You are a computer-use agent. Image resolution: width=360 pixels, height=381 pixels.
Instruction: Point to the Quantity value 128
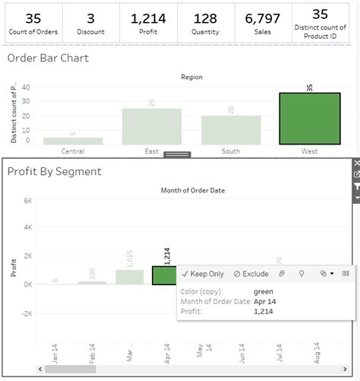coord(206,17)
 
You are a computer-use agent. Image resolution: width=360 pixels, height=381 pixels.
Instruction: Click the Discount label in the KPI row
coord(90,32)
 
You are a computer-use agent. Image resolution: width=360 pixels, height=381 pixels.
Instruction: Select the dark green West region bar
coord(308,119)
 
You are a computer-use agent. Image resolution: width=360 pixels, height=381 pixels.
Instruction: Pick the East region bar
coord(152,126)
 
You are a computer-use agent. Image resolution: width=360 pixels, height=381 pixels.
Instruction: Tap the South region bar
coord(230,130)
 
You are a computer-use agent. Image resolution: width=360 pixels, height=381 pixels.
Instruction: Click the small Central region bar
coord(73,141)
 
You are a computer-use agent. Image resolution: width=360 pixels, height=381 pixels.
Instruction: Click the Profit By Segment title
coord(54,171)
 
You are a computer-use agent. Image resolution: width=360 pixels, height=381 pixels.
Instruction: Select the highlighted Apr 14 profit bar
coord(166,275)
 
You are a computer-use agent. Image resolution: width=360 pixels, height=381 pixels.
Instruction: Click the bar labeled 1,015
coord(129,277)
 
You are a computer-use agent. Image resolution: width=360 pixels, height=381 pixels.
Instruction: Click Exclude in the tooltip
coord(251,273)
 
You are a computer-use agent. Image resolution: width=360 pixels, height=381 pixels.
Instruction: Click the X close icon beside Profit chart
coord(356,163)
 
